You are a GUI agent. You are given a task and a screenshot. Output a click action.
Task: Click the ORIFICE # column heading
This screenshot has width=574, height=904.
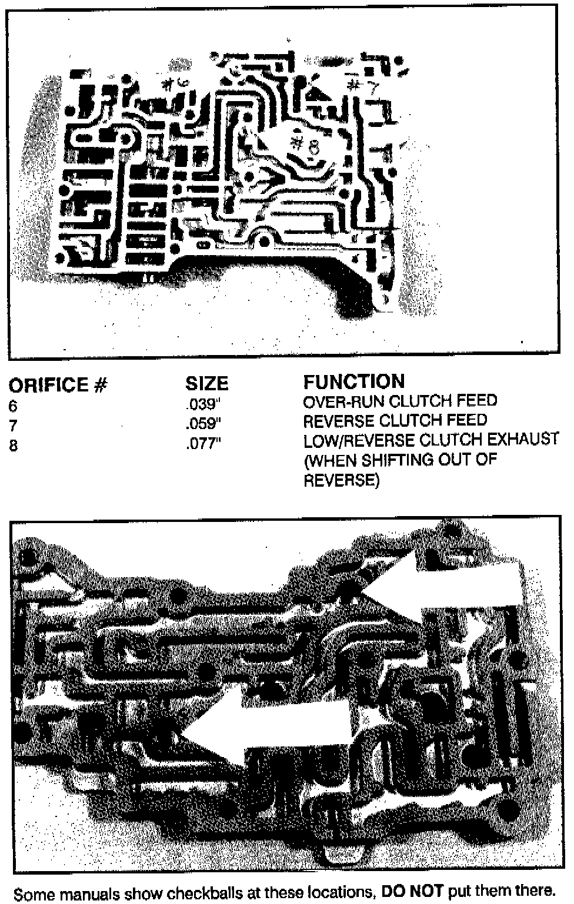[58, 385]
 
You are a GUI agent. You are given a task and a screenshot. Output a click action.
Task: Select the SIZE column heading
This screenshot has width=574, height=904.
[206, 384]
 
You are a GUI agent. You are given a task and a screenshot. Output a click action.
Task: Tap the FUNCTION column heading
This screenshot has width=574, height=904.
[354, 381]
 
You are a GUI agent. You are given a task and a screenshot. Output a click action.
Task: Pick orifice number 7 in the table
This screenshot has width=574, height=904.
[13, 426]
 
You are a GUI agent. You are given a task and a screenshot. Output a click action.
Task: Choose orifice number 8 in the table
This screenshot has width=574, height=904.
[13, 446]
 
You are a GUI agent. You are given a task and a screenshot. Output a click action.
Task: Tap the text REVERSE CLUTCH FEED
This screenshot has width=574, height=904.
[395, 421]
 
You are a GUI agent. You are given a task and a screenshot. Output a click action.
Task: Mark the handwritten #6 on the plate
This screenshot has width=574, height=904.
[174, 84]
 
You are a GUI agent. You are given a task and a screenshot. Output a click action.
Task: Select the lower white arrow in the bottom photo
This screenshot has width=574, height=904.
[265, 729]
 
